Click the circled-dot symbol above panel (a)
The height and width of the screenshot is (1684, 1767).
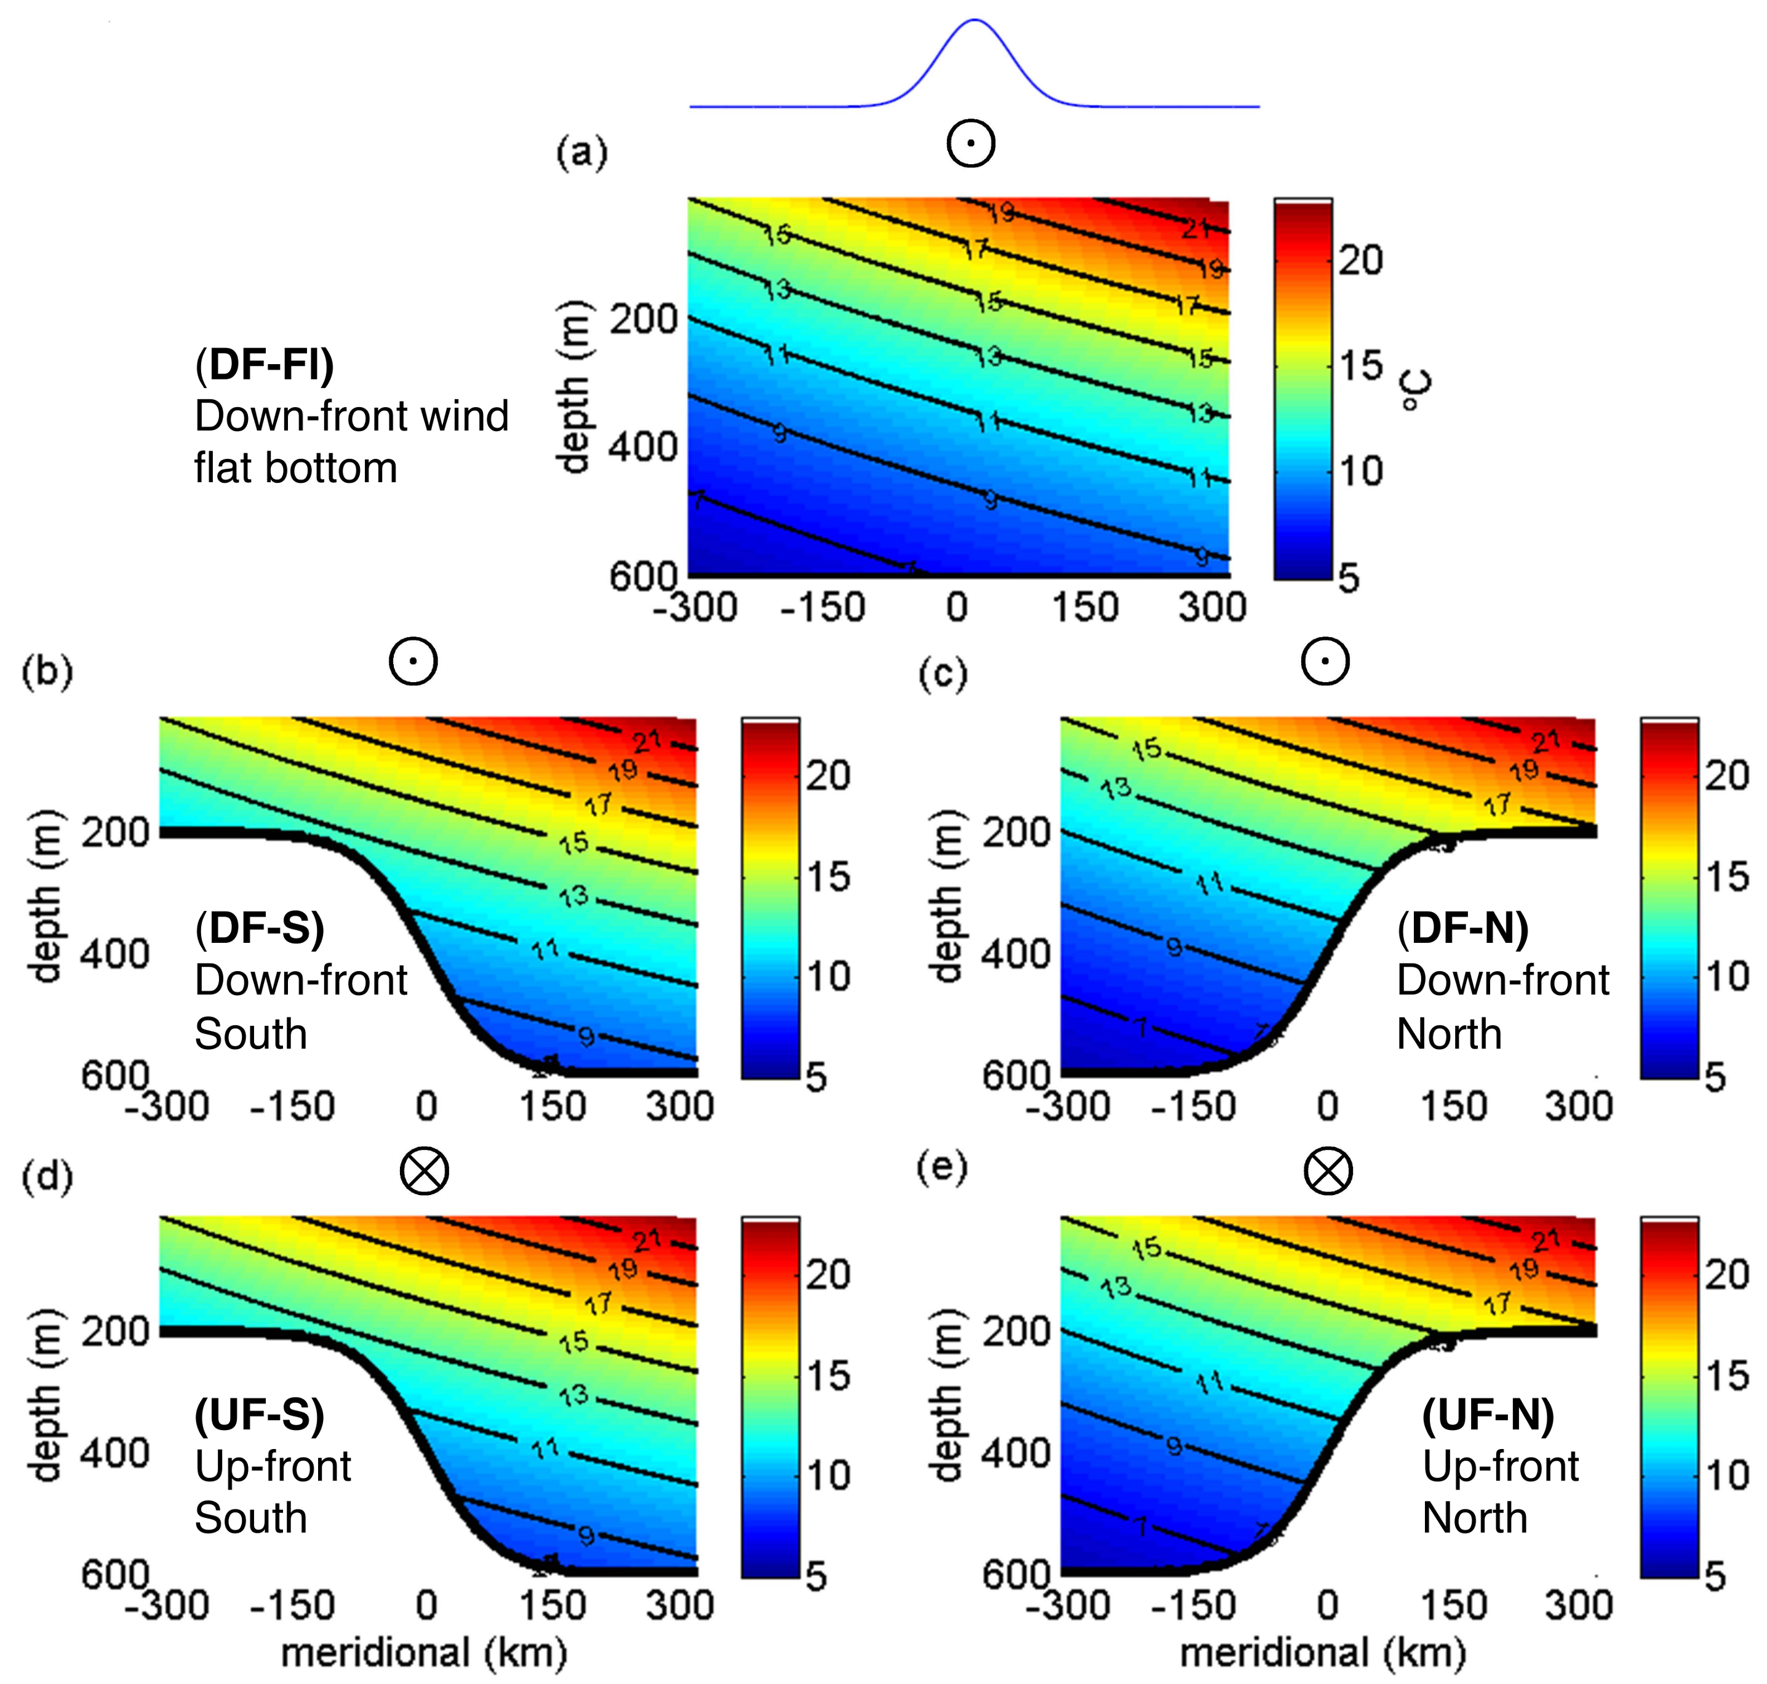971,144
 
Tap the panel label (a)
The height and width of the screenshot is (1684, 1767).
581,153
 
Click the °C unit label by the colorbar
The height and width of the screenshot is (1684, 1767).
1416,391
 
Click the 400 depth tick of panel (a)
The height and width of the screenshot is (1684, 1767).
643,446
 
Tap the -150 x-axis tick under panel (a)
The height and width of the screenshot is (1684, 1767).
823,608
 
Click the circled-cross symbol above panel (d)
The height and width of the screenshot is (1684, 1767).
424,1172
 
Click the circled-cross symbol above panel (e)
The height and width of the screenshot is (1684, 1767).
1328,1172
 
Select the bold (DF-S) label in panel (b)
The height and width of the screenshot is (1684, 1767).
260,927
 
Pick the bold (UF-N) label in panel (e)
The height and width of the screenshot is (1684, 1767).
1488,1416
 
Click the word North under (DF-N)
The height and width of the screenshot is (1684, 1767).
1449,1034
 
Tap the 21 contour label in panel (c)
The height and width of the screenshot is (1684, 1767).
1546,742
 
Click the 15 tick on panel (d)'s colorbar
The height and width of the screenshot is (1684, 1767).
828,1375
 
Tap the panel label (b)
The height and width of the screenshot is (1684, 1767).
47,672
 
